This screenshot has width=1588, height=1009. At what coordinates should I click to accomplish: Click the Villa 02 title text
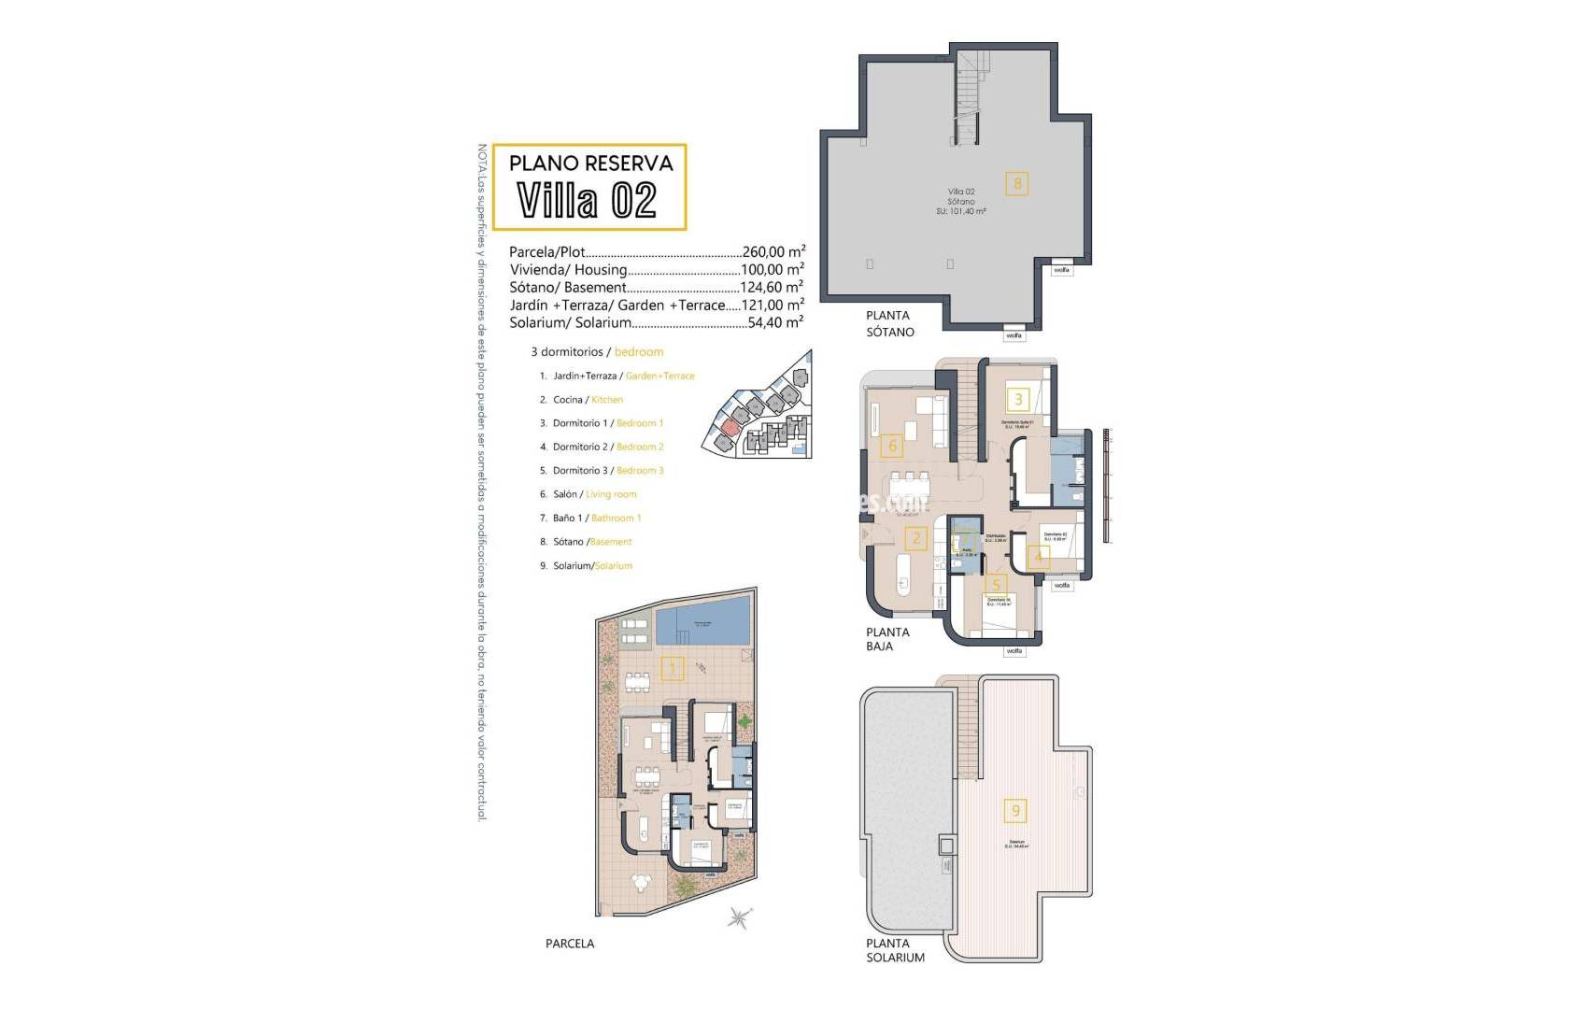pyautogui.click(x=587, y=200)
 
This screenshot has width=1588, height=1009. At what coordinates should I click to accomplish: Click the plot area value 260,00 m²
pyautogui.click(x=773, y=251)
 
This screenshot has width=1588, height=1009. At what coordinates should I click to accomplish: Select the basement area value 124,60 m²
pyautogui.click(x=772, y=287)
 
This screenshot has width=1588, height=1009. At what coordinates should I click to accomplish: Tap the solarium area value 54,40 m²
pyautogui.click(x=774, y=322)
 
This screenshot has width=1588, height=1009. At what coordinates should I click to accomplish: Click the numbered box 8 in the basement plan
pyautogui.click(x=1017, y=183)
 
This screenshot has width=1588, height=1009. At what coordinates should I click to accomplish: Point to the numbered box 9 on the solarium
pyautogui.click(x=1016, y=810)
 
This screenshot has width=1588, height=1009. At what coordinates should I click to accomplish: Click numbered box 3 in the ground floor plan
pyautogui.click(x=1018, y=399)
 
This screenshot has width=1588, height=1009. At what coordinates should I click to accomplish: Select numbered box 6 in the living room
pyautogui.click(x=892, y=446)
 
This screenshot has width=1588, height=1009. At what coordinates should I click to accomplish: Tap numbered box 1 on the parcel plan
pyautogui.click(x=672, y=668)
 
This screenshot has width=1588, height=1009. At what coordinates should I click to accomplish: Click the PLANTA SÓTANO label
pyautogui.click(x=889, y=323)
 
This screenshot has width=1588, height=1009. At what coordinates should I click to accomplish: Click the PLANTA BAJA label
pyautogui.click(x=886, y=638)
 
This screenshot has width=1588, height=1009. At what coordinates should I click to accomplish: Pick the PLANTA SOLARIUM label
pyautogui.click(x=895, y=950)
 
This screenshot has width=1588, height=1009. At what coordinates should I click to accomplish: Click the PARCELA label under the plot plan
pyautogui.click(x=570, y=944)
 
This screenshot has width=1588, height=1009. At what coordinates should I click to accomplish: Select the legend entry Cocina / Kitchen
pyautogui.click(x=588, y=400)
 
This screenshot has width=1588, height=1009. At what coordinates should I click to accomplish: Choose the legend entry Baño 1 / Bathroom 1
pyautogui.click(x=597, y=518)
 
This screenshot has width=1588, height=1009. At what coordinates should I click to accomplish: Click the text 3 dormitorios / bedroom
pyautogui.click(x=597, y=352)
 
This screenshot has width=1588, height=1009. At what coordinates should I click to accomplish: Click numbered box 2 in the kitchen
pyautogui.click(x=916, y=538)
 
